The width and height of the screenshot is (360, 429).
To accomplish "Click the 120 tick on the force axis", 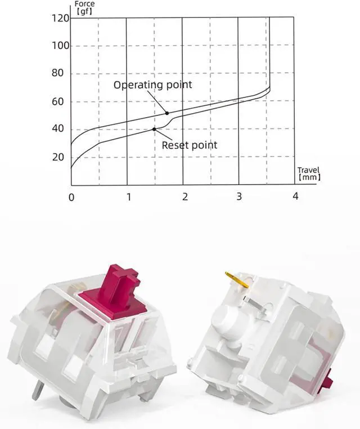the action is coord(60,19).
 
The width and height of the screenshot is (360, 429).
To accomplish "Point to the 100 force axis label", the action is coord(60,46).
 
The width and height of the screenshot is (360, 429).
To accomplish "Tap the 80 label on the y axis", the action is coord(57,73).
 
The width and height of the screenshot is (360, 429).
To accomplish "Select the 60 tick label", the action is coord(57,102).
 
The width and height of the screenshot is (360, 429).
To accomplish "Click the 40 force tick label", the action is coord(57,128).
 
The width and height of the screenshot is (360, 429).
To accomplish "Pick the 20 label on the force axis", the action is coord(57,157).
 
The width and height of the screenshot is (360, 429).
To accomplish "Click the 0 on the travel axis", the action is coord(71,197).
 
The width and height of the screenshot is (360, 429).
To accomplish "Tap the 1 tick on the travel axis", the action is coord(129,196).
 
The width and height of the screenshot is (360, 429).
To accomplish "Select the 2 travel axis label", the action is coord(185,196).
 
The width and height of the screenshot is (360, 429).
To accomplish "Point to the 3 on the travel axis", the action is coord(239,196).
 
